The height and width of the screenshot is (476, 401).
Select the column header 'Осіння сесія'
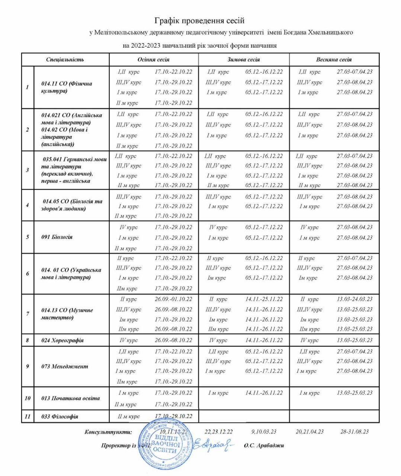(153, 59)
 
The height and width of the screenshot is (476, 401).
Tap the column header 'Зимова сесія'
(244, 59)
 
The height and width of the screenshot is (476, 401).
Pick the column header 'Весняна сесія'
(334, 59)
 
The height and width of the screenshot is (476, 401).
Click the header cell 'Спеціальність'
(65, 59)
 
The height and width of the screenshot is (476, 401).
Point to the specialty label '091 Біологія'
(57, 237)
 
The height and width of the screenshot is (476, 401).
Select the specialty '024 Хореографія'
(62, 340)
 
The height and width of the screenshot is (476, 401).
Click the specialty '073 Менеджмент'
(65, 366)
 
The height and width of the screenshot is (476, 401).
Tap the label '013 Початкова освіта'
(70, 398)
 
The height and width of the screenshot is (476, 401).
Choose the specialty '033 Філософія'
(60, 416)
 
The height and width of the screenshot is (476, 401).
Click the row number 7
(28, 314)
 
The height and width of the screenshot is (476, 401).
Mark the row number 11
(28, 416)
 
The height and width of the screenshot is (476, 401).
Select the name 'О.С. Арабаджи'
(264, 445)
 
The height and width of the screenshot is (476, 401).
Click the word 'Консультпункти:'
(108, 432)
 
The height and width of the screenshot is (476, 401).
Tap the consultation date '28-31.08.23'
(355, 431)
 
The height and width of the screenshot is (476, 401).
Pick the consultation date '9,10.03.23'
(264, 431)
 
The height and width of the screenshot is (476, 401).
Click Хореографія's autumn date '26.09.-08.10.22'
(173, 340)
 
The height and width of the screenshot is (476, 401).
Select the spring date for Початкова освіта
(355, 393)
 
